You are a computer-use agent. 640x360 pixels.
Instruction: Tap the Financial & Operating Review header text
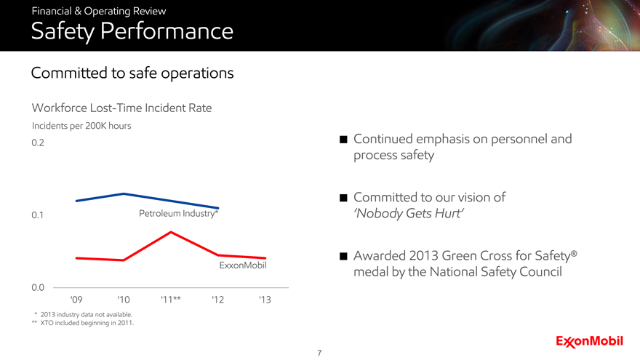click(98, 11)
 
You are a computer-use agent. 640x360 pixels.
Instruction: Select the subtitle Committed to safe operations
click(132, 73)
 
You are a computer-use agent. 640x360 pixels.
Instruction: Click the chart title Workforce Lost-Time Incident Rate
click(122, 108)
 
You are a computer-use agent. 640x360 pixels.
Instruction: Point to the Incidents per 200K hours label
click(81, 125)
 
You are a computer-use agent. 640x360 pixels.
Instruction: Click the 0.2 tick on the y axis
click(39, 143)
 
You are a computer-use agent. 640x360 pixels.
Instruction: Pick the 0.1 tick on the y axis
click(39, 215)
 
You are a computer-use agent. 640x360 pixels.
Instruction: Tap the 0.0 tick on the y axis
click(39, 288)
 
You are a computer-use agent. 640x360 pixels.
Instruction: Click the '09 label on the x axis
click(76, 300)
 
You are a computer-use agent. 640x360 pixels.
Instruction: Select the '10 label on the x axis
click(124, 300)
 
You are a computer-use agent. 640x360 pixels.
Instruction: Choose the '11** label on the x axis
click(171, 300)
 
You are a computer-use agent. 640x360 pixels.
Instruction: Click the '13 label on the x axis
click(265, 300)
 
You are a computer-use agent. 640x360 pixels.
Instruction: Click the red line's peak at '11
click(171, 232)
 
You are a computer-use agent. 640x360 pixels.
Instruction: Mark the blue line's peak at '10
click(124, 193)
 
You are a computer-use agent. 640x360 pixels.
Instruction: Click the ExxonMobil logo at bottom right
click(590, 340)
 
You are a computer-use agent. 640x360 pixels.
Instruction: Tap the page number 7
click(320, 353)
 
